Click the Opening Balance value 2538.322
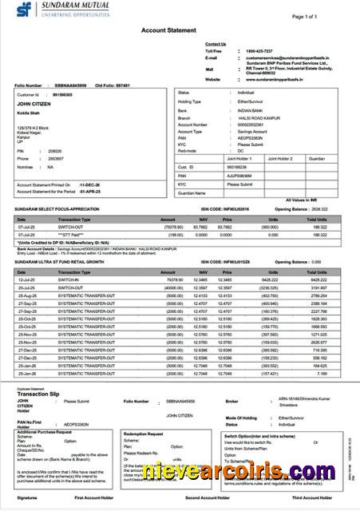tap(330, 208)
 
